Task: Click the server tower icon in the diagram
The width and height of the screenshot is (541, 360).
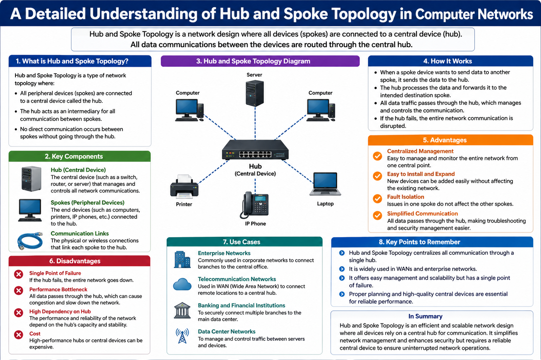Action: click(x=254, y=93)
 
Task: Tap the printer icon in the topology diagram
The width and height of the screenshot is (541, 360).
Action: click(x=184, y=186)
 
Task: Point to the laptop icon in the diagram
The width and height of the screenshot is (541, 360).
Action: click(x=325, y=184)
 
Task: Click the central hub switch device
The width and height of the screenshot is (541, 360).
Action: click(x=255, y=151)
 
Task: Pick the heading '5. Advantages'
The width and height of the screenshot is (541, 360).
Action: click(x=445, y=140)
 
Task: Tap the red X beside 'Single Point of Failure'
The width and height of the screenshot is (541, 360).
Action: click(x=19, y=274)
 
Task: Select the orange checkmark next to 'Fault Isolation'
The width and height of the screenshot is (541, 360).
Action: click(x=377, y=199)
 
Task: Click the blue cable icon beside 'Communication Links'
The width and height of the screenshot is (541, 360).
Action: click(x=30, y=241)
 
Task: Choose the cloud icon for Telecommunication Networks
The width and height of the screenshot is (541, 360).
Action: click(x=182, y=284)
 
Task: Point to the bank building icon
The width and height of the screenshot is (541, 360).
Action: click(x=182, y=310)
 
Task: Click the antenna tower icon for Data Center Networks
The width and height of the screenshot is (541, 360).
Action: click(x=182, y=336)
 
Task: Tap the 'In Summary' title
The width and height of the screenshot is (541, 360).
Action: click(x=425, y=316)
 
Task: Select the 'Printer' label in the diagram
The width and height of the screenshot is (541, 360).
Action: click(x=184, y=204)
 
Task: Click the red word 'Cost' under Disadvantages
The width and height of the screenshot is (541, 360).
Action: click(x=35, y=334)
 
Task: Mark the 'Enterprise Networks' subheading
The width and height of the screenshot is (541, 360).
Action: click(x=224, y=253)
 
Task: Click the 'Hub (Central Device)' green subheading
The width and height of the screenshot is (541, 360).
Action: click(x=78, y=170)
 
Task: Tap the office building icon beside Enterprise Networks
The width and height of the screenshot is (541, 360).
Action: click(x=182, y=260)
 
